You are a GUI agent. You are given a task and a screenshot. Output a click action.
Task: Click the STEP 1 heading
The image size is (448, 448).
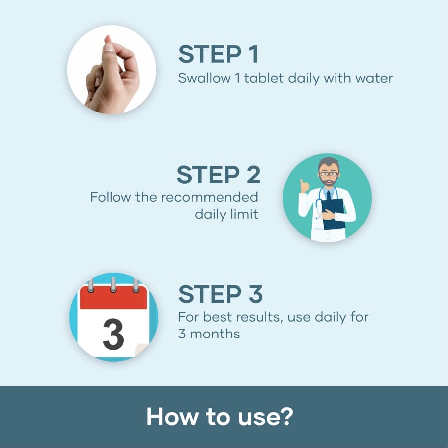point(219,54)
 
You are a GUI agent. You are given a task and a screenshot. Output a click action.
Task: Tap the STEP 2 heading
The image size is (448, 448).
point(219,175)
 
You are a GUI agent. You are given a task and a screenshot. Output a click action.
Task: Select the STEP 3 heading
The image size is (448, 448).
point(221,294)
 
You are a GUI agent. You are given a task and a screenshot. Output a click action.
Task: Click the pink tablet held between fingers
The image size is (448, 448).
point(108,39)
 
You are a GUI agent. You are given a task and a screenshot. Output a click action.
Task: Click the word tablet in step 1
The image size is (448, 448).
point(263,78)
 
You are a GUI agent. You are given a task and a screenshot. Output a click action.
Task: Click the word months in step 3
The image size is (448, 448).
point(215,334)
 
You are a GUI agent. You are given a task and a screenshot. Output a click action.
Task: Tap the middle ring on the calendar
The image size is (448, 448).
point(113,285)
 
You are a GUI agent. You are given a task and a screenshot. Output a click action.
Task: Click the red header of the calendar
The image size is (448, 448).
point(113,297)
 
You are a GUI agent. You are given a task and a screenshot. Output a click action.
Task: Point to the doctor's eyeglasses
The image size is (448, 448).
point(329,174)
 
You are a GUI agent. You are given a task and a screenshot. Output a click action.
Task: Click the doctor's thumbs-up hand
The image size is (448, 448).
point(304,187)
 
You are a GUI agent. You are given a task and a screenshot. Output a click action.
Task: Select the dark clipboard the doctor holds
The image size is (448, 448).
point(333,214)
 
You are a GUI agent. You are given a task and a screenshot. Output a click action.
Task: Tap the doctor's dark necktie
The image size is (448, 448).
point(329,196)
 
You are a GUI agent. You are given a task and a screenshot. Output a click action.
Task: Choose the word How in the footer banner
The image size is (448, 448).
point(172,416)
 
